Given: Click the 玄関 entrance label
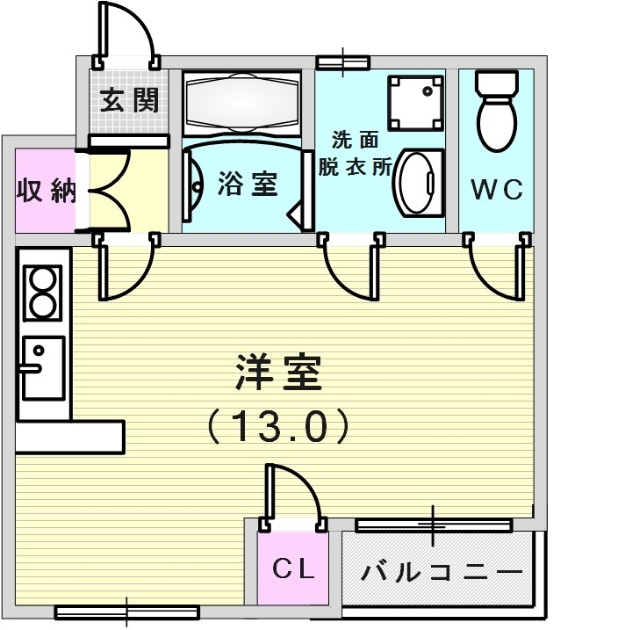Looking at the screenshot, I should pos(129,101).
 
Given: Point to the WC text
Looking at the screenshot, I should pos(497,189).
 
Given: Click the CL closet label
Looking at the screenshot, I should pos(292,569).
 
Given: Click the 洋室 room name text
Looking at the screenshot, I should pos(279,374).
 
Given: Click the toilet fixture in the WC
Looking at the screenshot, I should pos(496,114).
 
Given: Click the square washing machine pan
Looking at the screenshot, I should pos(416,101).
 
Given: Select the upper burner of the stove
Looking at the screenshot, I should pos(41,279).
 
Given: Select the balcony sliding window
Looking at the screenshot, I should pos(434,525).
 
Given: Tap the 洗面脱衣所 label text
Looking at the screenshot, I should pos(360,154).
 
